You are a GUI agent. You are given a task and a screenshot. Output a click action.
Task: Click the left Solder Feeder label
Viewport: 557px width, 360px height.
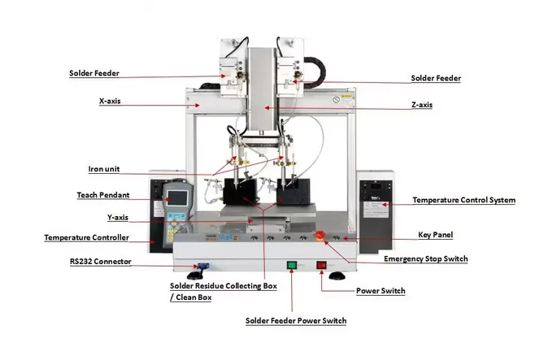click(x=94, y=73)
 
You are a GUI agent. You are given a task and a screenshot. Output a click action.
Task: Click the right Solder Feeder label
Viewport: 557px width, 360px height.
click(x=436, y=78)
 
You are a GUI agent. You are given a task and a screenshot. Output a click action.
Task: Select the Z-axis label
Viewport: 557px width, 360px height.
click(x=422, y=106)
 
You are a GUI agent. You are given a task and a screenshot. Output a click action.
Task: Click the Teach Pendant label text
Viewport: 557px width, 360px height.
click(x=98, y=195)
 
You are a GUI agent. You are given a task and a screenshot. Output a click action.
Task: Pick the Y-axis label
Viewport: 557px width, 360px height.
click(x=119, y=217)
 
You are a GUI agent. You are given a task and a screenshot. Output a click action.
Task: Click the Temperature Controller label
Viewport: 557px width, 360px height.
click(x=86, y=237)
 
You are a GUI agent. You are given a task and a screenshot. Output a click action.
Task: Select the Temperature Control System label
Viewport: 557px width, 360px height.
click(x=463, y=200)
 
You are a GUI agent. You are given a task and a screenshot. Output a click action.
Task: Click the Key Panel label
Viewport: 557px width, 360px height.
click(x=435, y=234)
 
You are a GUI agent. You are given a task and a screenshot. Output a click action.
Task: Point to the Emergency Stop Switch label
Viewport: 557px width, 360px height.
click(x=425, y=259)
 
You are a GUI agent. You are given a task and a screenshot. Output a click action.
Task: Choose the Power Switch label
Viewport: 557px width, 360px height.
click(x=381, y=290)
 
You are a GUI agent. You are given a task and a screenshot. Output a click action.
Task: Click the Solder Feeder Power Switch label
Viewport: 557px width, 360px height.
click(x=296, y=321)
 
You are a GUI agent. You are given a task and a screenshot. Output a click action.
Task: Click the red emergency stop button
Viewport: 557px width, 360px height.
click(x=320, y=236)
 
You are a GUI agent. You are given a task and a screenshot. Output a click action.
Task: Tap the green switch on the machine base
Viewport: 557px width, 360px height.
click(x=292, y=264)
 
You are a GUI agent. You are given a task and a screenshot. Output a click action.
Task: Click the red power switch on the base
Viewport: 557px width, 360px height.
click(x=321, y=264)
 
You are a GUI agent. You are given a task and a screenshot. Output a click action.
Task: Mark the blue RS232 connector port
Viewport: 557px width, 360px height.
click(x=200, y=265)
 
